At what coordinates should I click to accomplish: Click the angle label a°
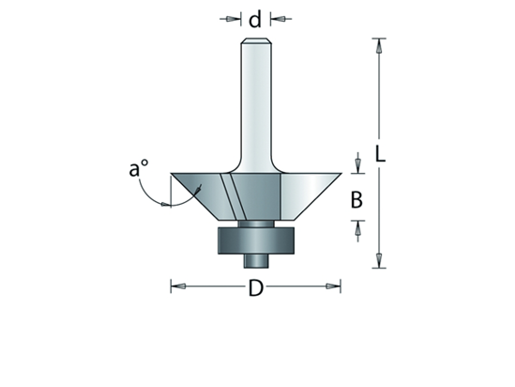(x=139, y=169)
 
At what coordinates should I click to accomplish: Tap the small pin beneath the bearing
(x=255, y=259)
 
